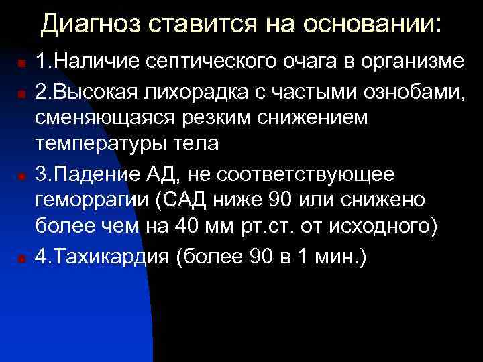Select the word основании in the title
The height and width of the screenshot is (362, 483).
(x=372, y=25)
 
